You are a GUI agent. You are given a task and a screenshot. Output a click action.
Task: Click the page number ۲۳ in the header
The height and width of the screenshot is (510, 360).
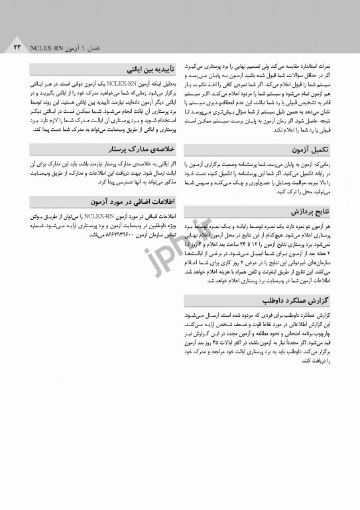[17, 48]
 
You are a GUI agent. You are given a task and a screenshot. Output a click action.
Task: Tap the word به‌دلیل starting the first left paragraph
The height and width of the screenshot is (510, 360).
[166, 85]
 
